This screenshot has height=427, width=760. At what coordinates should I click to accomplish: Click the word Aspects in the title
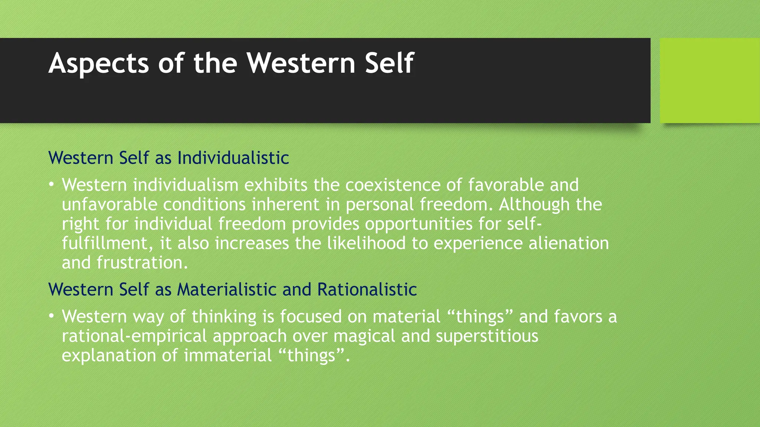point(99,64)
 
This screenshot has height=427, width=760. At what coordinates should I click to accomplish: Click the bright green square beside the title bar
point(710,80)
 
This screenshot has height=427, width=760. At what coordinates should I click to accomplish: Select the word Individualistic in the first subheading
point(233,158)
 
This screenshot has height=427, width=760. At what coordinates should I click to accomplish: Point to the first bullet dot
point(52,184)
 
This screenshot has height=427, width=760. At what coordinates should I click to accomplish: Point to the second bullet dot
point(52,316)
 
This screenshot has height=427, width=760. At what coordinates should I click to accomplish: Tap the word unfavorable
point(109,204)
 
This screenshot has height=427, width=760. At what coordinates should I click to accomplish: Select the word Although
point(534,204)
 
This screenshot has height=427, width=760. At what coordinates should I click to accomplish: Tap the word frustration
point(142,263)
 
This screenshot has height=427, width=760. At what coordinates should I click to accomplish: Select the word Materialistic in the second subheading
point(227,289)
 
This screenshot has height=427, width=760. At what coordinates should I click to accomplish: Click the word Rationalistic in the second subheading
point(367,289)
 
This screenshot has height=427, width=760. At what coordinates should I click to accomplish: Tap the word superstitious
point(487,336)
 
